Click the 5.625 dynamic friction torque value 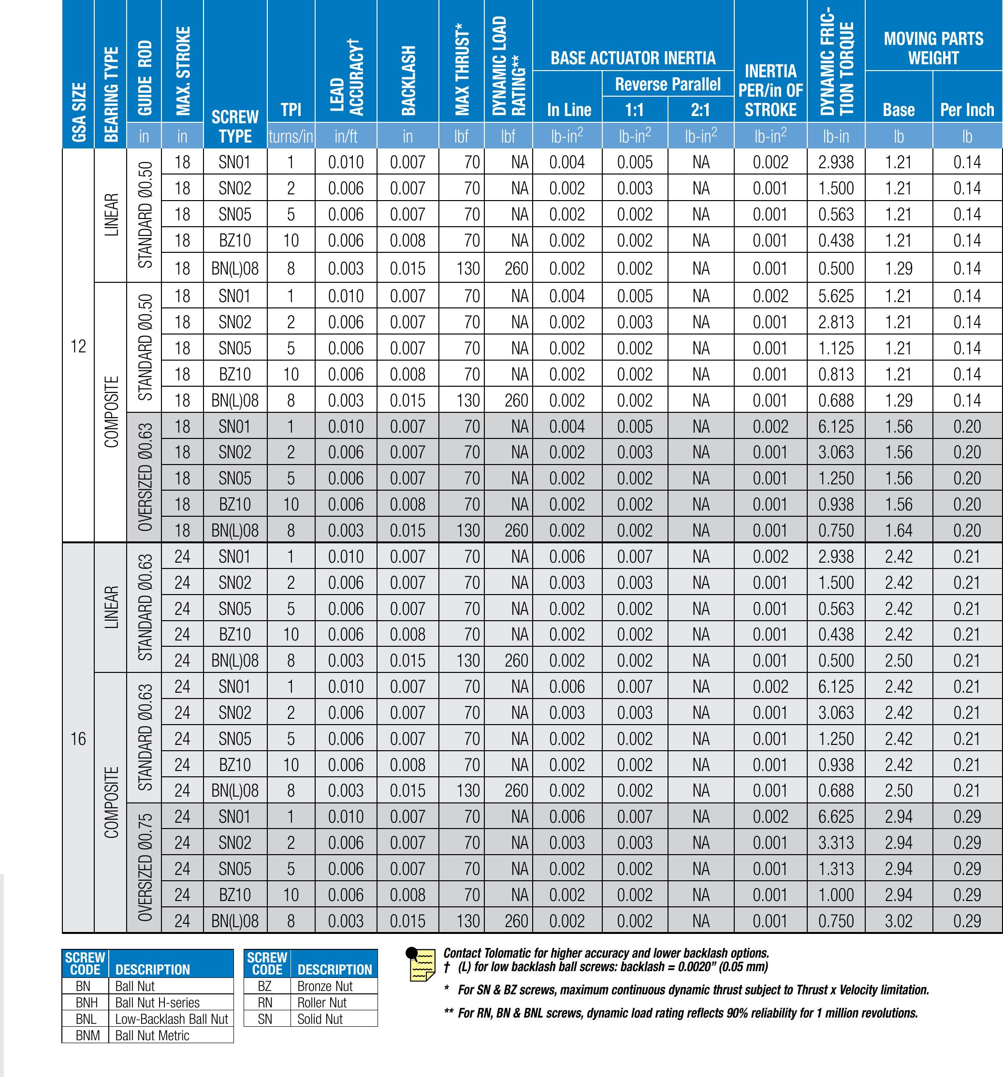836,296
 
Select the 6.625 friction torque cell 836,816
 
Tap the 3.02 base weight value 899,920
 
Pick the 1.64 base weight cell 899,530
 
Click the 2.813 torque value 836,322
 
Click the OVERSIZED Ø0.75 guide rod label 144,869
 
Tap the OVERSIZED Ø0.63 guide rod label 144,479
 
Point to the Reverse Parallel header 668,85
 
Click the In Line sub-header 568,110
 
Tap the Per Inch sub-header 967,110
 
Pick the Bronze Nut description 324,986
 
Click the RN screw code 265,1003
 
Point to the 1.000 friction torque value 836,894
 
